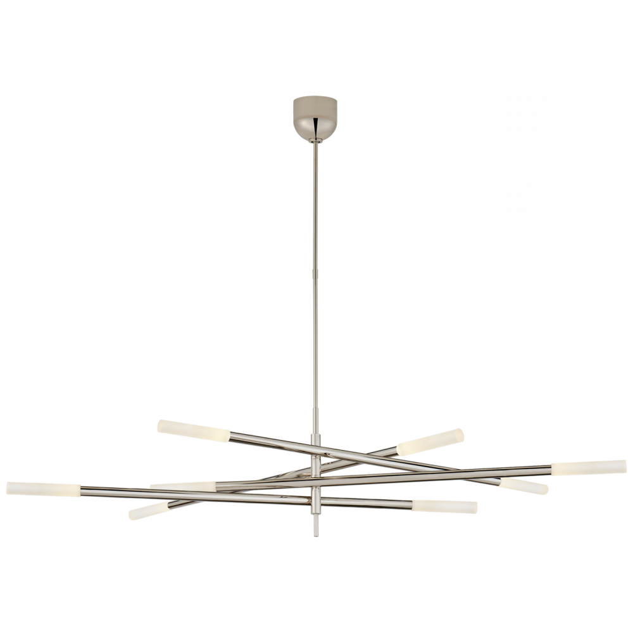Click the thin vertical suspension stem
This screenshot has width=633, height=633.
315,285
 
